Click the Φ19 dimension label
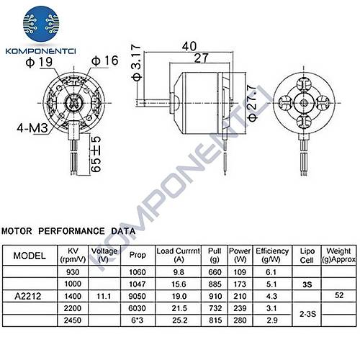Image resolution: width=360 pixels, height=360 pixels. point(37,63)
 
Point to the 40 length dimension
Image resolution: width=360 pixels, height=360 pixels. point(189,45)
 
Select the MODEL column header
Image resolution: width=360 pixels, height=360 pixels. point(30,256)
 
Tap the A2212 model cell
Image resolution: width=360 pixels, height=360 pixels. point(30,295)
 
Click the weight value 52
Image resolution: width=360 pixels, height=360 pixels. point(340,295)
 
